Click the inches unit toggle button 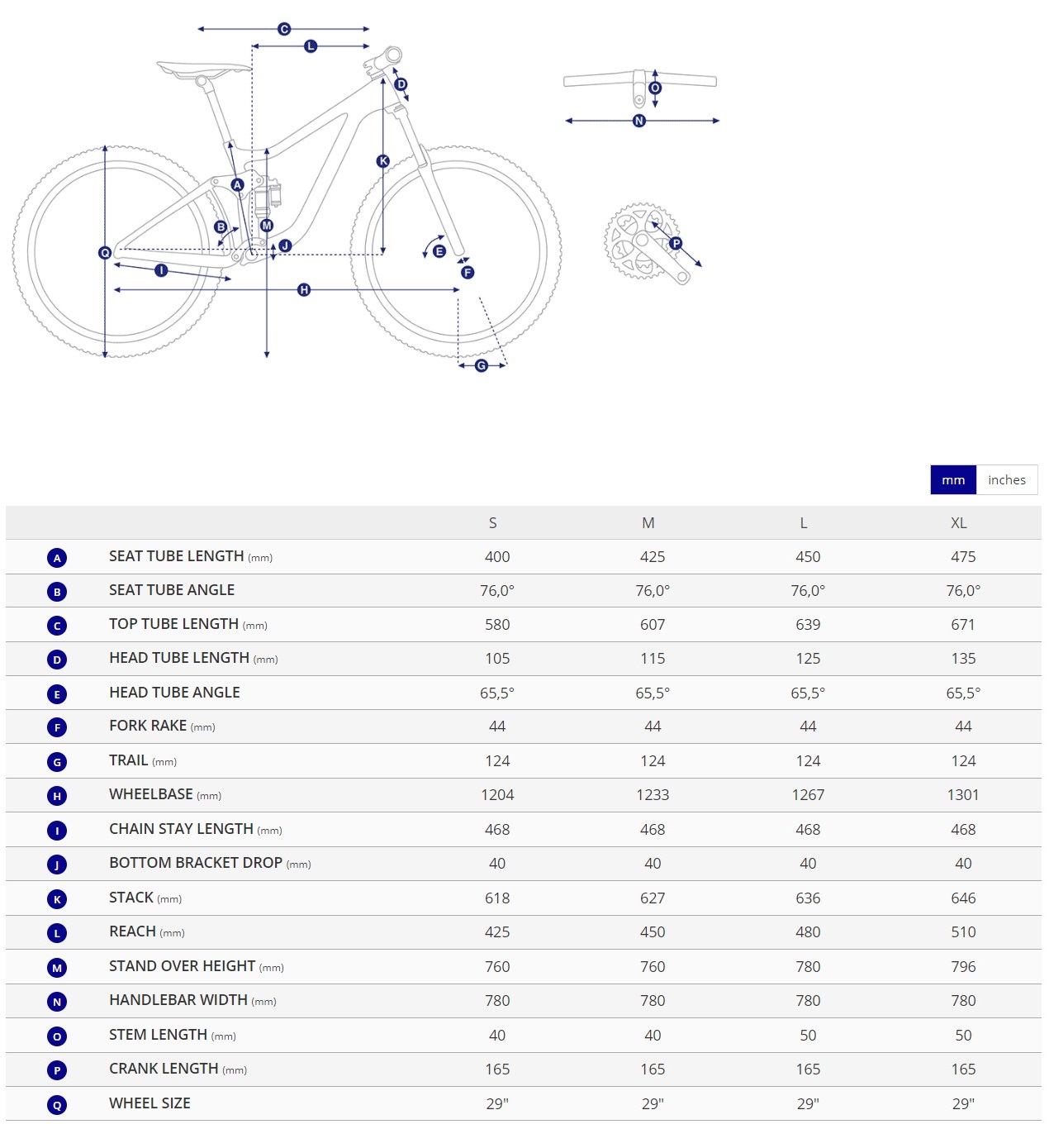[1006, 480]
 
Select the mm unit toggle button [953, 480]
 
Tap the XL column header [958, 523]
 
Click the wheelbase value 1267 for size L [807, 795]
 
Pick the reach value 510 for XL [963, 932]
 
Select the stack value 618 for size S [497, 898]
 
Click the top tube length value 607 [652, 625]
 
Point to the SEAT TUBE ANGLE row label [172, 590]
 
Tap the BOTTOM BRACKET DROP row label [196, 863]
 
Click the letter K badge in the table [57, 899]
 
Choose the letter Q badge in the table [57, 1105]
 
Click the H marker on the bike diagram [304, 290]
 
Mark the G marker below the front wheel [482, 365]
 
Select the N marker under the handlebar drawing [638, 121]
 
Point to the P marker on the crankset [676, 243]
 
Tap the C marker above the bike [284, 29]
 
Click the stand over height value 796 [963, 967]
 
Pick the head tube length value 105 [497, 659]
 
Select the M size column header [648, 523]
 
